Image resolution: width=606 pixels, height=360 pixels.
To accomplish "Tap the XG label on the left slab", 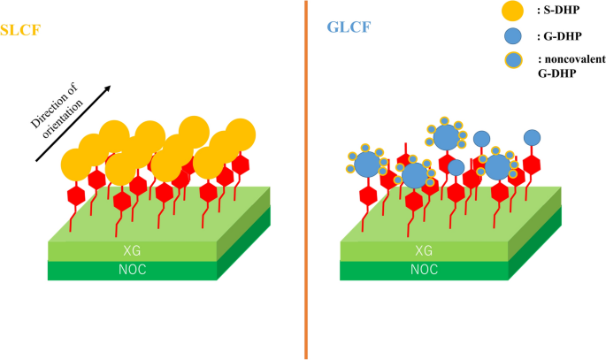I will coord(130,251).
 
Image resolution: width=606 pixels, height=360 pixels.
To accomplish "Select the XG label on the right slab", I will coord(424,251).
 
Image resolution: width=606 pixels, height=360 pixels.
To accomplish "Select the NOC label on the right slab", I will coord(424,270).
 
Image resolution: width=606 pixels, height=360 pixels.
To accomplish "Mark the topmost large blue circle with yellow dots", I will coord(447,137).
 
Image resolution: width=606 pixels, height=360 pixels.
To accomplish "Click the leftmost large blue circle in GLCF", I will coord(367,163).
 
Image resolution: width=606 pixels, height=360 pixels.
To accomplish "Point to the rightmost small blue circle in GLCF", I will coord(533,137).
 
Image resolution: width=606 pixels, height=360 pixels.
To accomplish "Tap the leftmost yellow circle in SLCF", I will coord(76,165).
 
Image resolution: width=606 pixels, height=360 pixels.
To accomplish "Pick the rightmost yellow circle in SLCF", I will coord(241,135).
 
